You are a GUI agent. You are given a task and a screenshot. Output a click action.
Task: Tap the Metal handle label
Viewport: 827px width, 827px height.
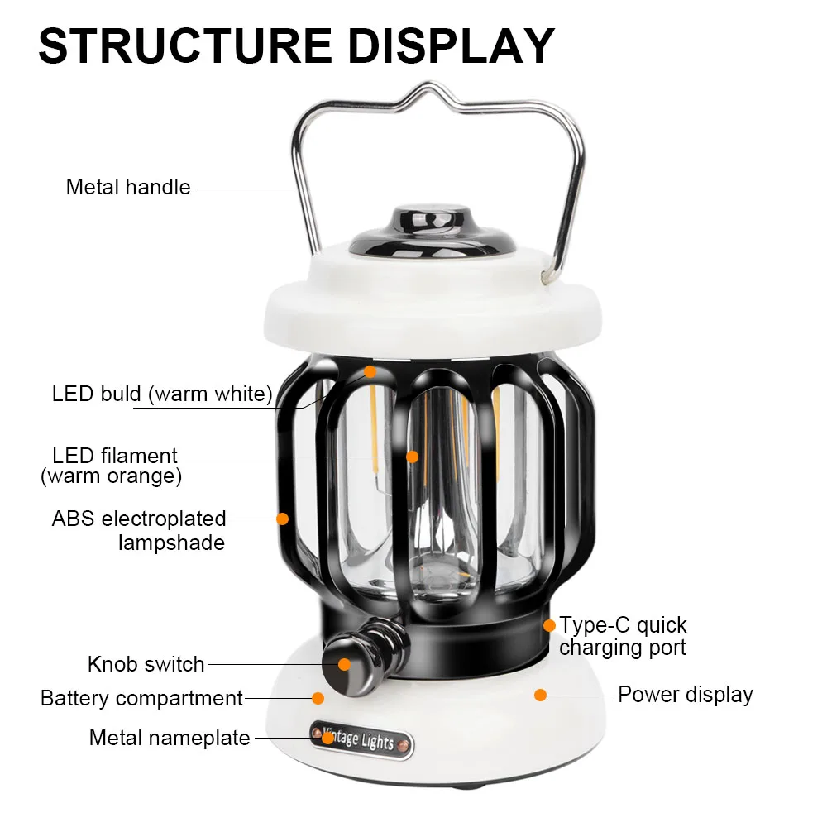pyautogui.click(x=128, y=187)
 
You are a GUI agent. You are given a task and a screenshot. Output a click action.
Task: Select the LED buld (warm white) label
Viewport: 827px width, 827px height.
pyautogui.click(x=162, y=394)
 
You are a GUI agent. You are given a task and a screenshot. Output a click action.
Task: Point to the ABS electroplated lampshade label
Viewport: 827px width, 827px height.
pyautogui.click(x=139, y=530)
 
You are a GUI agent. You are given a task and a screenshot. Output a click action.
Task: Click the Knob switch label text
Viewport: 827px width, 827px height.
pyautogui.click(x=146, y=664)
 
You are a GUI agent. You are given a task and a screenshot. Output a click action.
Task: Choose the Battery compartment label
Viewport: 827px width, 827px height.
pyautogui.click(x=141, y=698)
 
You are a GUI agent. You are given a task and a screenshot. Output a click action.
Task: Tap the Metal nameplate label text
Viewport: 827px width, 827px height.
pyautogui.click(x=170, y=737)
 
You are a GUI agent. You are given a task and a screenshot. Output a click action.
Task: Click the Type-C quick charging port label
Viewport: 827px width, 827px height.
pyautogui.click(x=622, y=635)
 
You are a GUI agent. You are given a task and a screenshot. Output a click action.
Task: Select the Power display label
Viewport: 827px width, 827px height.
pyautogui.click(x=685, y=695)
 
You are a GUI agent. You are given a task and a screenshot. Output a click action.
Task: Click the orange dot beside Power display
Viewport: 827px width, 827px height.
pyautogui.click(x=540, y=695)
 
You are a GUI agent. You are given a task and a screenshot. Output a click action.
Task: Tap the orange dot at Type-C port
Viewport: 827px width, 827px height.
pyautogui.click(x=548, y=626)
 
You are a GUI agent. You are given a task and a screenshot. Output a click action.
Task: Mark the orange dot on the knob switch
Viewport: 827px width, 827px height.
pyautogui.click(x=344, y=663)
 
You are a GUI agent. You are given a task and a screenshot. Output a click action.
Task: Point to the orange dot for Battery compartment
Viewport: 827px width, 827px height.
pyautogui.click(x=318, y=698)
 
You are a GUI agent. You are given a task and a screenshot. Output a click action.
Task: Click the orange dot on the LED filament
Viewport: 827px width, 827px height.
pyautogui.click(x=412, y=456)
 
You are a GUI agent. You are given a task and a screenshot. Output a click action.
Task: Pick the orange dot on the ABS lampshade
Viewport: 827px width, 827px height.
pyautogui.click(x=282, y=519)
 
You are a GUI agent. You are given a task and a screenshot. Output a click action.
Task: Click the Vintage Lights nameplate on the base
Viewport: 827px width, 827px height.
pyautogui.click(x=361, y=739)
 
